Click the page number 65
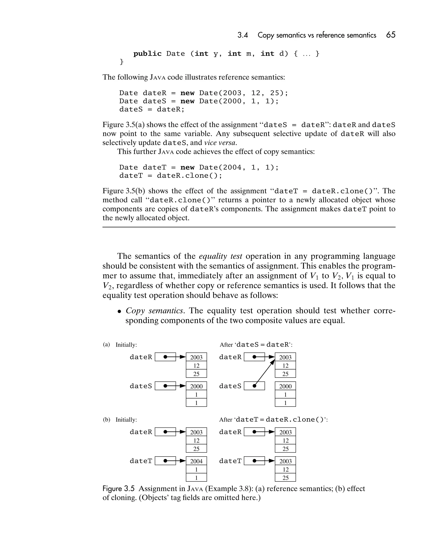390,35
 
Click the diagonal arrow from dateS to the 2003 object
264,374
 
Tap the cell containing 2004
196,461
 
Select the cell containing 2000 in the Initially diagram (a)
196,386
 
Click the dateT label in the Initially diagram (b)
141,461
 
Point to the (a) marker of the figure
106,344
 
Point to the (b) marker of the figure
106,419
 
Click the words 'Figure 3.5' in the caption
118,489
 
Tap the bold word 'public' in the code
147,54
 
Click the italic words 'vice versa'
220,143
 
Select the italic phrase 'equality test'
220,256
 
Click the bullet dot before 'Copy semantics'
119,311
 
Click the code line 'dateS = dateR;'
152,109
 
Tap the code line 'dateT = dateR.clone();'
170,176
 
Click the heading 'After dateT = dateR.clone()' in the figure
273,419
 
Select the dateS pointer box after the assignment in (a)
254,386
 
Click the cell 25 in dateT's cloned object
285,478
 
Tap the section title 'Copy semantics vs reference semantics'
317,35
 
